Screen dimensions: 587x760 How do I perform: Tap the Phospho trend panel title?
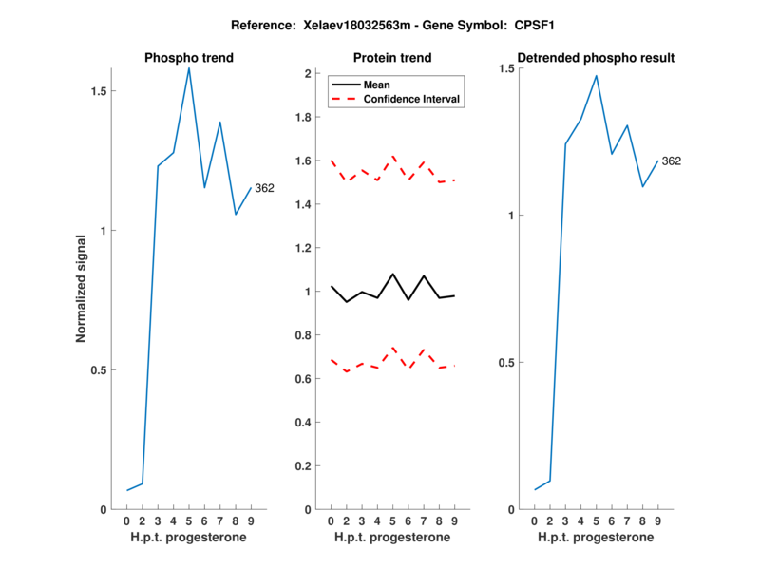click(x=189, y=58)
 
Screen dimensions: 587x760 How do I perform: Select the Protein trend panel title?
click(x=392, y=58)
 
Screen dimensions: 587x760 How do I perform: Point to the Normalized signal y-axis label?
click(x=82, y=288)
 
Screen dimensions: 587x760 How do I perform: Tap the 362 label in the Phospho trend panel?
click(x=264, y=188)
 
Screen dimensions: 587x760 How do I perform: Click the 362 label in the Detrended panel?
click(x=671, y=161)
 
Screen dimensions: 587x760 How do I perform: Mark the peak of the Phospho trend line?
click(x=189, y=67)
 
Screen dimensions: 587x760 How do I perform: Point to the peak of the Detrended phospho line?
click(x=597, y=76)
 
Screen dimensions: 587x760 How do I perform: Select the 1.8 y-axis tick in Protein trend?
click(x=308, y=117)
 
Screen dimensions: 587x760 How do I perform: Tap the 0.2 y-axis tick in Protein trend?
click(x=308, y=466)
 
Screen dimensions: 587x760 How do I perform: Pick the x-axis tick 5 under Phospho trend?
click(x=189, y=521)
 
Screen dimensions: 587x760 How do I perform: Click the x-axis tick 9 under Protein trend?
click(x=454, y=521)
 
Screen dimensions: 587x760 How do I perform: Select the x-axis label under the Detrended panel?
click(x=596, y=538)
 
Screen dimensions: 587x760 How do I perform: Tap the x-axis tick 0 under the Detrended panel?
click(x=535, y=521)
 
